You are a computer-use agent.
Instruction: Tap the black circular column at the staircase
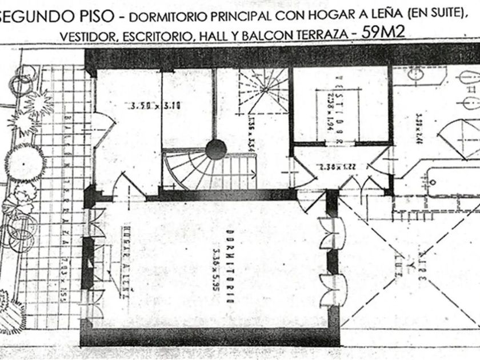pyautogui.click(x=216, y=150)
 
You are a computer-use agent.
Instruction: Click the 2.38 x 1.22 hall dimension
pyautogui.click(x=323, y=168)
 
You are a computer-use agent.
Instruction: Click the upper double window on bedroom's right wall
pyautogui.click(x=333, y=235)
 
